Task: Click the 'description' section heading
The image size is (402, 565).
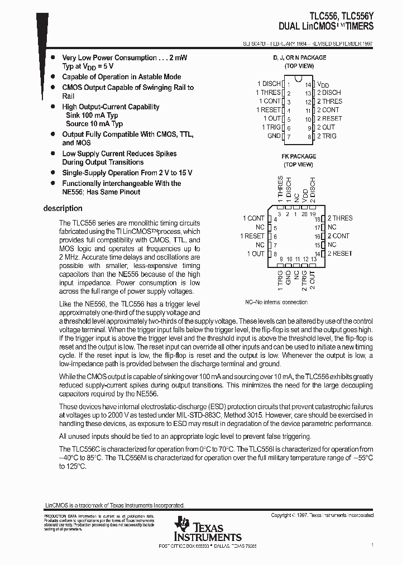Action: [63, 208]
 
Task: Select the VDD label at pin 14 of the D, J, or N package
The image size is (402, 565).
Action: [323, 84]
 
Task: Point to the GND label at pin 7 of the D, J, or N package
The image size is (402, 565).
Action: [274, 136]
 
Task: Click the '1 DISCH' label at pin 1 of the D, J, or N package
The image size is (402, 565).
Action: [269, 84]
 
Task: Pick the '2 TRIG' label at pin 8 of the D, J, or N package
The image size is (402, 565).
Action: [327, 136]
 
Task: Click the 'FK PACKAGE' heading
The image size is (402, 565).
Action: [299, 156]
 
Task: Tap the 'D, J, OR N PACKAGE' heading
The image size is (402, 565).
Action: [299, 58]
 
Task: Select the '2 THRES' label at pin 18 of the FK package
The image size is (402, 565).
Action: [339, 218]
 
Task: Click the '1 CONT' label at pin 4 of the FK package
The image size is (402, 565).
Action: [253, 218]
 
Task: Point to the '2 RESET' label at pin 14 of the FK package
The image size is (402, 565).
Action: [339, 253]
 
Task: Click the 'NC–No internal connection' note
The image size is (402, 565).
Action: [276, 302]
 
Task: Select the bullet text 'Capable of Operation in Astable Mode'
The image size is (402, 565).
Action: [121, 76]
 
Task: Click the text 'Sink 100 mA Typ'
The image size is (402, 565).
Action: [92, 115]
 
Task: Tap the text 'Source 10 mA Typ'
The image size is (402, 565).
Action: [94, 123]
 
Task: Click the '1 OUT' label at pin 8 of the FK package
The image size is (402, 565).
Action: [256, 253]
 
